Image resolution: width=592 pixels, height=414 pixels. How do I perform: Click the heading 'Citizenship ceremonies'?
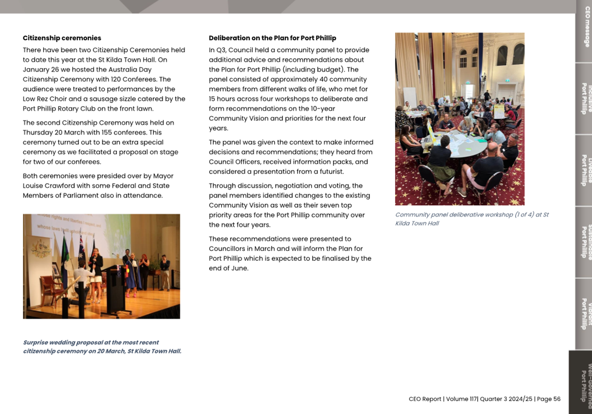point(62,38)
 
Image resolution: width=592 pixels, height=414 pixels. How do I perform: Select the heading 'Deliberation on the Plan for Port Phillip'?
point(272,38)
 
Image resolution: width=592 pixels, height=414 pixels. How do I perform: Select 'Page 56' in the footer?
point(548,399)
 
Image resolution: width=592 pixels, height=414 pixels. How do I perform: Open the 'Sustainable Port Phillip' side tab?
point(585,242)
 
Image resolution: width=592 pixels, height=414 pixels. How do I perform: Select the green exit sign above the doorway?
point(468,82)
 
